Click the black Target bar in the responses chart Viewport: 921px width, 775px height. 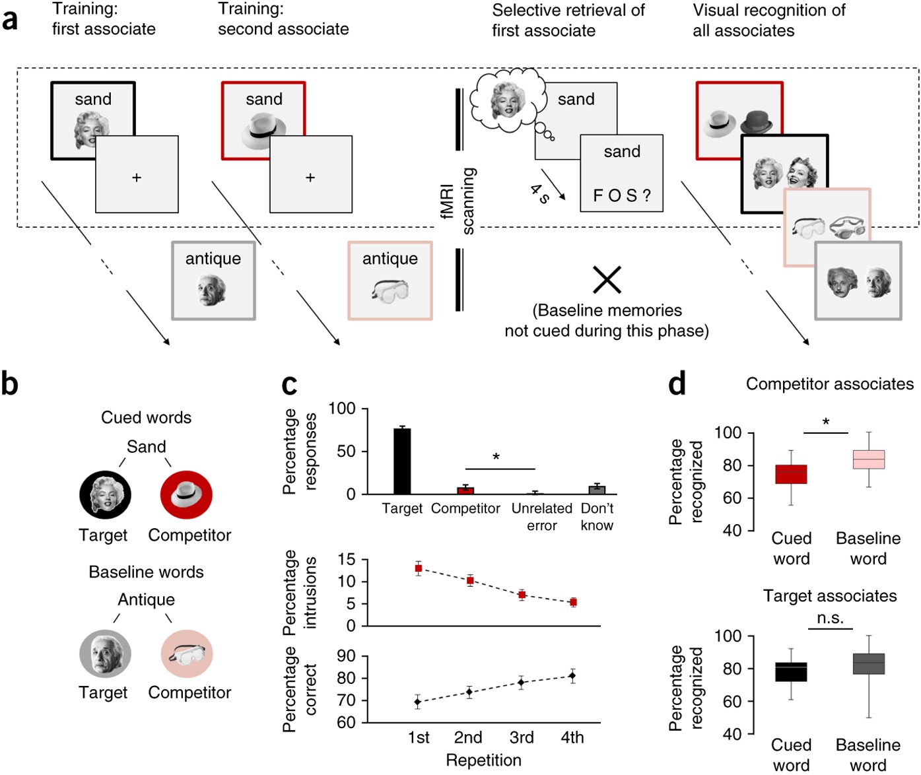pos(402,461)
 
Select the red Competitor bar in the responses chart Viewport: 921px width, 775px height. pos(465,490)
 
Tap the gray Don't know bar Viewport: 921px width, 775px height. pos(597,490)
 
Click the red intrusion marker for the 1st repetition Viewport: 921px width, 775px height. pos(418,568)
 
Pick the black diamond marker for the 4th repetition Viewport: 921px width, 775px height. pos(572,675)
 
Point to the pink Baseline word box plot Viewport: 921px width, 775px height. pos(868,459)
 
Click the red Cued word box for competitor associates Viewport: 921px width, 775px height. pos(791,474)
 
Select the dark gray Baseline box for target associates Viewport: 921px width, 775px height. pos(868,663)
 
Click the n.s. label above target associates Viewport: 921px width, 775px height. pos(830,618)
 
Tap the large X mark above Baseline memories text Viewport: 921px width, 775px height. pos(607,280)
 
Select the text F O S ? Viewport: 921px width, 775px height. pos(622,196)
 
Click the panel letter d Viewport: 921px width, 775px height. pos(677,384)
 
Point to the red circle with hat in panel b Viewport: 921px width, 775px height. pos(186,494)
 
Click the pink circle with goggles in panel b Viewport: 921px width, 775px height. pos(187,654)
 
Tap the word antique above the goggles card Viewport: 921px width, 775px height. pos(390,259)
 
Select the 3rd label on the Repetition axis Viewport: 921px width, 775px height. pos(522,737)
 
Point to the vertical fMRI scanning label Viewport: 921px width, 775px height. pos(458,201)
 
